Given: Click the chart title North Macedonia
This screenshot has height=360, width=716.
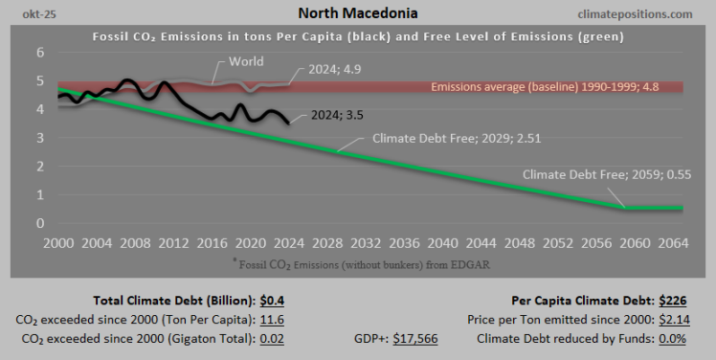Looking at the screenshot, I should point(357,13).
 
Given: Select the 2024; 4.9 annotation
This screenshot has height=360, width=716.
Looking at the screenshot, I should point(334,69).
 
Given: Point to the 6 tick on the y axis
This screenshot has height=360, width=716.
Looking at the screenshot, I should point(40,54).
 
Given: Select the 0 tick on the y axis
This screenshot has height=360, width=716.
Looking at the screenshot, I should point(40,223).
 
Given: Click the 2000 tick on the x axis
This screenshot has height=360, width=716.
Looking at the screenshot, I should point(60,243).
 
